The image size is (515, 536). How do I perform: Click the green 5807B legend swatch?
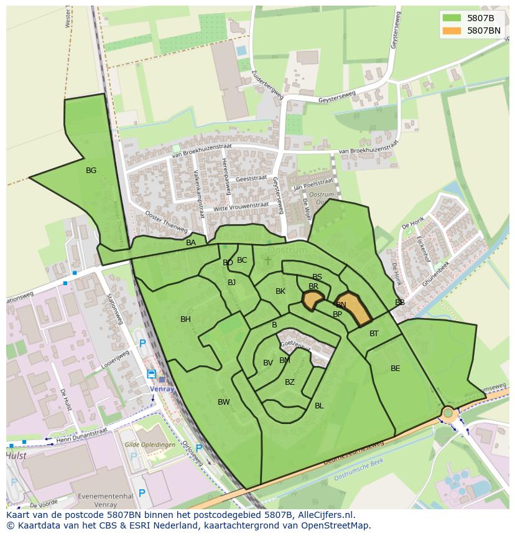(452, 18)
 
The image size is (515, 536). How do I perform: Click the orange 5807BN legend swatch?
(452, 30)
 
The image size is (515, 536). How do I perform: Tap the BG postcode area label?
(91, 170)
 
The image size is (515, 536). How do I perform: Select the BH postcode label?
(185, 319)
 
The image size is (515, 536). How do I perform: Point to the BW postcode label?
(224, 402)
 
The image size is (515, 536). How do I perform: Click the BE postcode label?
(396, 369)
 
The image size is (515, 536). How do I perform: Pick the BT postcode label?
(374, 334)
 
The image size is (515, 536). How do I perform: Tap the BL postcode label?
(319, 406)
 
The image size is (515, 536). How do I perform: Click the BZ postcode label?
(290, 382)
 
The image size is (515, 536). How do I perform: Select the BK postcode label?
(281, 291)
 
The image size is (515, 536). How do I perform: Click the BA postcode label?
(191, 243)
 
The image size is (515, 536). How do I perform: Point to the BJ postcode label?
(232, 283)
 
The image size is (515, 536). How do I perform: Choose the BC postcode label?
(242, 260)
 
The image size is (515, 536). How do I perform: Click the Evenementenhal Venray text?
(98, 501)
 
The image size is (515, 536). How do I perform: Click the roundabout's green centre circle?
(448, 412)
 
